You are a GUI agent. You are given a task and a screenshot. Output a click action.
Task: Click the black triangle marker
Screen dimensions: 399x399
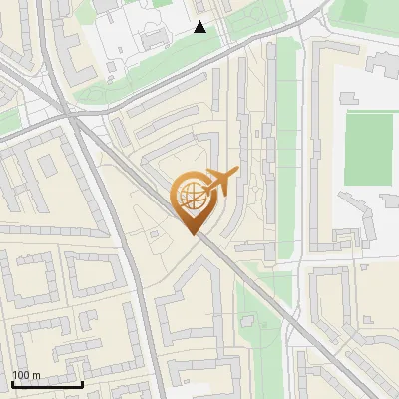200,27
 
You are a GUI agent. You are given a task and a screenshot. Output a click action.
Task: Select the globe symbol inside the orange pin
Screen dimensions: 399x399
193,196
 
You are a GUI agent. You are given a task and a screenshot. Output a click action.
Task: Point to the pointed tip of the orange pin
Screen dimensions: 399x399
193,233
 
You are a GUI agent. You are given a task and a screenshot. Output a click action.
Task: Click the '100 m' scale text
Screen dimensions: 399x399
25,375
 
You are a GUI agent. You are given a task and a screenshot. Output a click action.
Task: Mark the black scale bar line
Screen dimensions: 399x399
47,385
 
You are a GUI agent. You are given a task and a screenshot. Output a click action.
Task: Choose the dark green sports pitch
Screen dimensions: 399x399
368,148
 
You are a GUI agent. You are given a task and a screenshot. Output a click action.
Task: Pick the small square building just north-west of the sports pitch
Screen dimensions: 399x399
349,97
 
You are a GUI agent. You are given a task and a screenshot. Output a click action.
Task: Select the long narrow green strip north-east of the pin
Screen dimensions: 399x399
285,140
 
